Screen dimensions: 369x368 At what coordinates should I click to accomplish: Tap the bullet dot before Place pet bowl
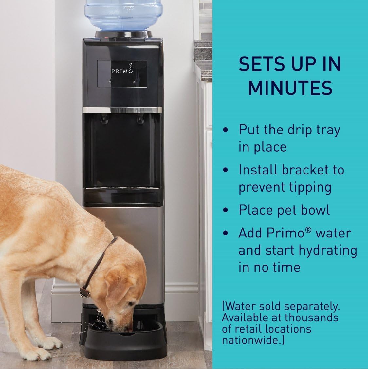225,210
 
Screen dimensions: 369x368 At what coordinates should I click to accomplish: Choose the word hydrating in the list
327,250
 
